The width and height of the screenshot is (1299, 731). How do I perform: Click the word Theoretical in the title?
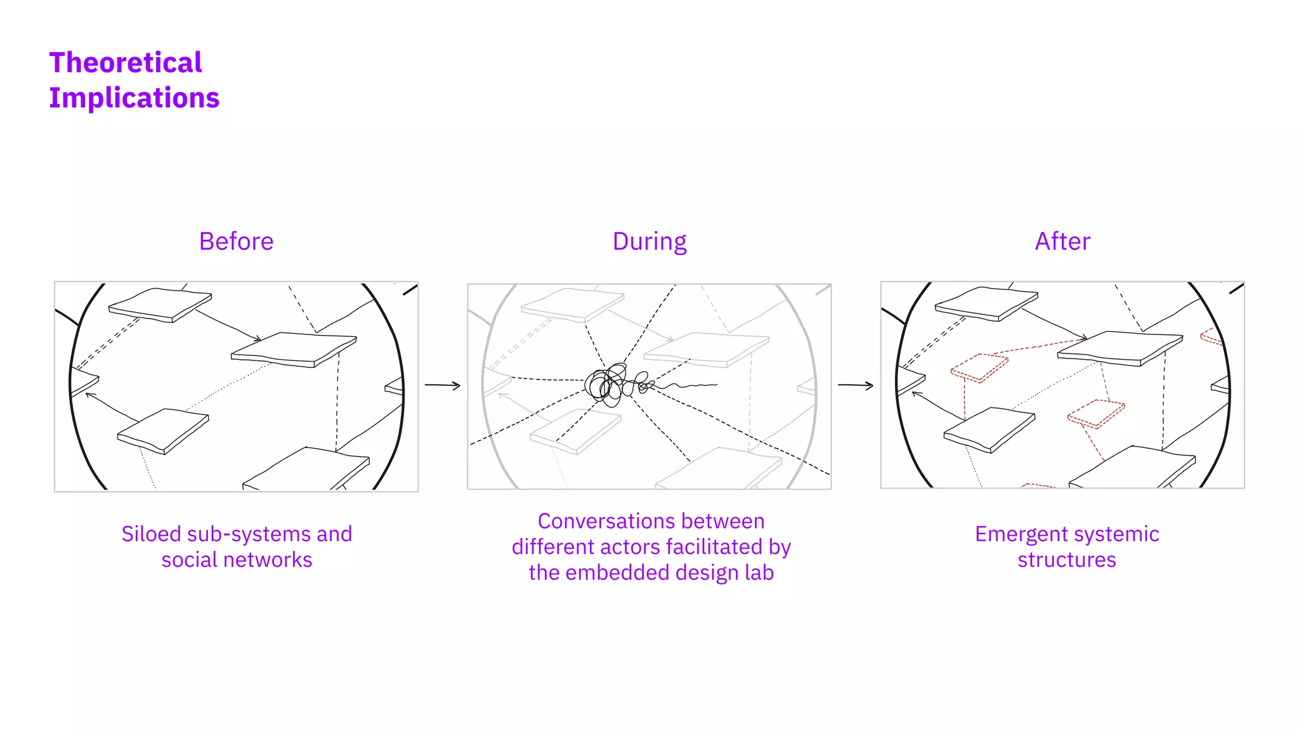[126, 63]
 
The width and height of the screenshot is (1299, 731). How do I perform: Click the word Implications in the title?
[134, 98]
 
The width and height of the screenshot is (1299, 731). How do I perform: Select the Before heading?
[236, 242]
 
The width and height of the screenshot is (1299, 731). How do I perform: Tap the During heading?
[649, 242]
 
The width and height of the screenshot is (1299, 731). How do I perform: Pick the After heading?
[1062, 242]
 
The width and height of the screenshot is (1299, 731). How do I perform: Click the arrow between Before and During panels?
[442, 385]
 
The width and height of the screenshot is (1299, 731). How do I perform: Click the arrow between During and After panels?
[855, 385]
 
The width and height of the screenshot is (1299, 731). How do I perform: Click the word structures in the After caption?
[1067, 560]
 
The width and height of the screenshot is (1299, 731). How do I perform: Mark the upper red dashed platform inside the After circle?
[979, 367]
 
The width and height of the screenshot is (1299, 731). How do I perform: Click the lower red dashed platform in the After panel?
[1096, 413]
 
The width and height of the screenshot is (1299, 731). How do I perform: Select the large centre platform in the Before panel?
[294, 348]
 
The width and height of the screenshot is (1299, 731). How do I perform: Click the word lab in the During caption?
[759, 573]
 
